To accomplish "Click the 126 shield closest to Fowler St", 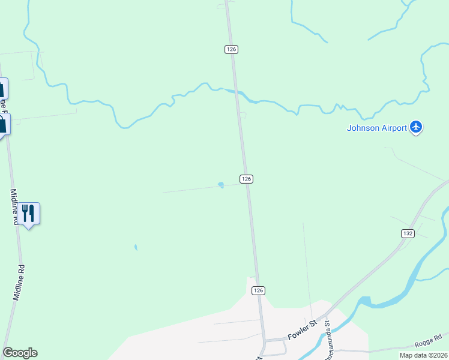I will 258,290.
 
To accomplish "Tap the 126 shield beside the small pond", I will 246,179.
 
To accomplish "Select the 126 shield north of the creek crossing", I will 232,49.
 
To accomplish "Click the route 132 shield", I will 408,233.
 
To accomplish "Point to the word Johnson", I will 364,127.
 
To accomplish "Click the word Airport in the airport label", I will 394,127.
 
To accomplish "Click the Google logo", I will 20,353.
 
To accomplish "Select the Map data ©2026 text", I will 423,355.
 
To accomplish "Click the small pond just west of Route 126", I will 221,185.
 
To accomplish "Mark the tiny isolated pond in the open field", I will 136,247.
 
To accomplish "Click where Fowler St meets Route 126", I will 264,340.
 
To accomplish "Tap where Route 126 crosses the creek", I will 237,92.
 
